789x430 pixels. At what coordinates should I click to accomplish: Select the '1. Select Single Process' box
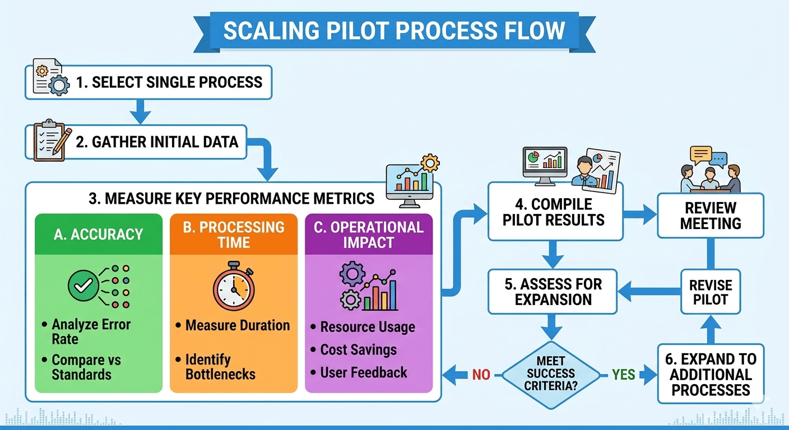[168, 83]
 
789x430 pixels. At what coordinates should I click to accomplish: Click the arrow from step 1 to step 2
[140, 111]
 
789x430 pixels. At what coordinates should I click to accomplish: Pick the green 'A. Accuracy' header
[99, 234]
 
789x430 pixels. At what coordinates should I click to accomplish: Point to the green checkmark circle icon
[83, 287]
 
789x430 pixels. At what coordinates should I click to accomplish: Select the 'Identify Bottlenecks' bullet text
[220, 367]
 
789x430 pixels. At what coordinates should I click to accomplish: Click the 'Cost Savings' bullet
[358, 350]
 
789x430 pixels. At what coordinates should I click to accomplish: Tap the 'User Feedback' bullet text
[364, 372]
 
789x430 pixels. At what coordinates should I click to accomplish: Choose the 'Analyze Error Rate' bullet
[91, 331]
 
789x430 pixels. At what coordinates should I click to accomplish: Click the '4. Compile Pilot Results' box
[554, 212]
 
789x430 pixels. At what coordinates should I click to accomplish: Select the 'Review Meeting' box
[711, 216]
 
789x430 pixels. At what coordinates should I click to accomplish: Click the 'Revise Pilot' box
[711, 292]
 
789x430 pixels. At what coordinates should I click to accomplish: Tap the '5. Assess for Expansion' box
[553, 291]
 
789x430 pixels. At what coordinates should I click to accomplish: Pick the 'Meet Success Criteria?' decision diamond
[551, 373]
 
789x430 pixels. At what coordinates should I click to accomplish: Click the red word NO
[481, 374]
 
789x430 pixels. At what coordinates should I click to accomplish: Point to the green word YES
[623, 374]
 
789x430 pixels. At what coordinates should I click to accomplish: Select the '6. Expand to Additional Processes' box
[711, 375]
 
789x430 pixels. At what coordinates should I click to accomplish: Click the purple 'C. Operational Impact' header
[369, 235]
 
